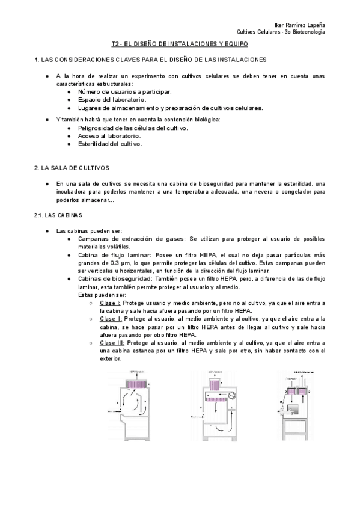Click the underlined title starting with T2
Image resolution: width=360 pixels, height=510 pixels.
[180, 45]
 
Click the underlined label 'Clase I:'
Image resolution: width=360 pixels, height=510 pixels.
[111, 303]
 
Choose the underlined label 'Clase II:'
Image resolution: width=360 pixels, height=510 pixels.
[111, 319]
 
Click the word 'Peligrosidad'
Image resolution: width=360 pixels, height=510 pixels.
[97, 128]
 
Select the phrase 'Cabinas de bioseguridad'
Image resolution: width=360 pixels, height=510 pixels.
[116, 279]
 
